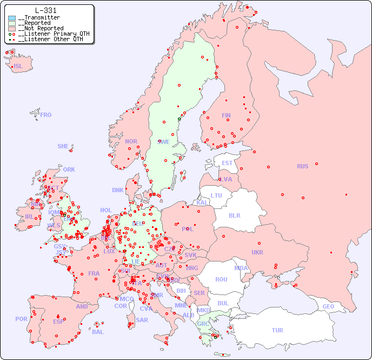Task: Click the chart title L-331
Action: (45, 10)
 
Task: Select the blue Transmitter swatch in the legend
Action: (12, 18)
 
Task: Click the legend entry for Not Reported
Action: (41, 28)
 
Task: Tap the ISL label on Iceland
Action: (18, 67)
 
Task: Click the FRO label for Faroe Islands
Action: (46, 115)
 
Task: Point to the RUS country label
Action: (302, 166)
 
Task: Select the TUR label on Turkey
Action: (277, 330)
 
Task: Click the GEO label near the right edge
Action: (328, 306)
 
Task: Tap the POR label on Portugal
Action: (21, 319)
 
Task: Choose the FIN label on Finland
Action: (226, 115)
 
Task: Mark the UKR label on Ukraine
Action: (257, 252)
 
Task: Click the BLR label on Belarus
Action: (234, 215)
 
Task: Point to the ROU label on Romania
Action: (221, 279)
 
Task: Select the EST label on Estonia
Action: (227, 163)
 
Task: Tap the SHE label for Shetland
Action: (63, 146)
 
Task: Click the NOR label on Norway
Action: (131, 141)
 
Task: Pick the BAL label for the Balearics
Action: (97, 332)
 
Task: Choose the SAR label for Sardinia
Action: (142, 320)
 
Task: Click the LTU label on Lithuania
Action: (216, 195)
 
